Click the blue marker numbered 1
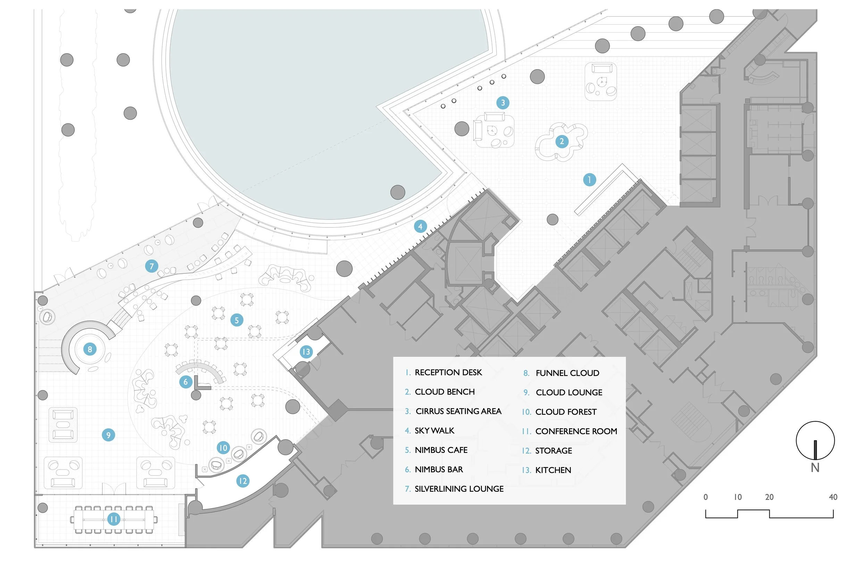tap(589, 180)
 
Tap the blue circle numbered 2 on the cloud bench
tap(562, 141)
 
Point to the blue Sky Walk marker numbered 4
tap(420, 226)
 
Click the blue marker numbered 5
tap(237, 320)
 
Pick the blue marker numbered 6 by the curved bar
tap(186, 382)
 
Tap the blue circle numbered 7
tap(152, 266)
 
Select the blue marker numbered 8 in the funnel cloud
tap(90, 349)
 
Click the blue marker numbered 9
tap(108, 435)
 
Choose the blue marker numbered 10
tap(223, 447)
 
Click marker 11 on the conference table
tap(114, 519)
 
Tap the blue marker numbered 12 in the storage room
tap(243, 481)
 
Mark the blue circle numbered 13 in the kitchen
tap(306, 352)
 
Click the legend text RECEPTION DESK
tap(448, 372)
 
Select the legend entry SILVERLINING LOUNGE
tap(459, 489)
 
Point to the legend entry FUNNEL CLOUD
tap(567, 373)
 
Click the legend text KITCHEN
tap(553, 470)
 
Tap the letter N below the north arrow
tap(815, 468)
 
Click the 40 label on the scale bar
tap(833, 497)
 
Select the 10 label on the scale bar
tap(737, 497)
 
